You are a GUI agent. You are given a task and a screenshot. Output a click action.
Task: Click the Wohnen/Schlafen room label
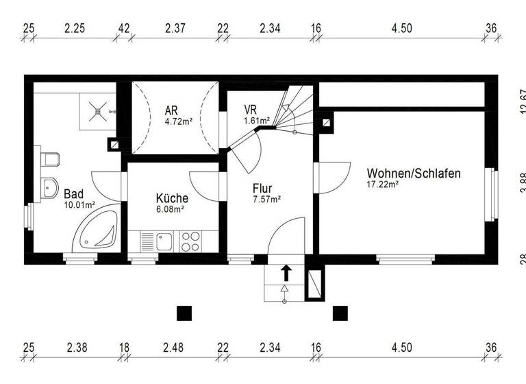413,173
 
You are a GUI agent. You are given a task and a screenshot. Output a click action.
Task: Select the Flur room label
262,188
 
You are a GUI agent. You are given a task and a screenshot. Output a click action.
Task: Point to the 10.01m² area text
79,204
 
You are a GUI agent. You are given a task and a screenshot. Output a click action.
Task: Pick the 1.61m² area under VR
253,121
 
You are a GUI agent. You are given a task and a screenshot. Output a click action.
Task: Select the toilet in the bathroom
49,160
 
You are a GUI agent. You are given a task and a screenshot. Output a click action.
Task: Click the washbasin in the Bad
49,186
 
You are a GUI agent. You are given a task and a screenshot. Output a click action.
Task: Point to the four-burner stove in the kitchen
190,241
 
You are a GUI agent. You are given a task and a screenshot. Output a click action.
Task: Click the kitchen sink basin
164,241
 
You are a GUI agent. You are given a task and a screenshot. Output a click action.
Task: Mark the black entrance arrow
286,272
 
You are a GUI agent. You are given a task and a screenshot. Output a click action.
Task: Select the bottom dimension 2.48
173,348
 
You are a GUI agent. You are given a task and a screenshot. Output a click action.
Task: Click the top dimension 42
124,28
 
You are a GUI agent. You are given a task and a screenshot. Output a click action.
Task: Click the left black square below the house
184,313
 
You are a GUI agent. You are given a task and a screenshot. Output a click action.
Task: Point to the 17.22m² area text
383,184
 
